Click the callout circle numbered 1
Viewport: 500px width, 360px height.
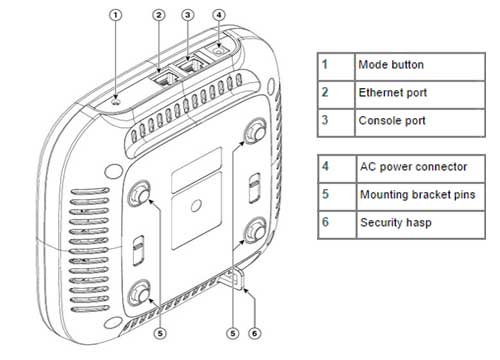pyautogui.click(x=116, y=15)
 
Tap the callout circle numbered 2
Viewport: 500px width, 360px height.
pyautogui.click(x=159, y=15)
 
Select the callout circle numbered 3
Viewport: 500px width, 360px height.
pyautogui.click(x=188, y=15)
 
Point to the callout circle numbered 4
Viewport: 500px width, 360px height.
pyautogui.click(x=219, y=15)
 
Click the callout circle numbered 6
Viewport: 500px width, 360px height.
pyautogui.click(x=255, y=333)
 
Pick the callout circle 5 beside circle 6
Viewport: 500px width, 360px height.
pyautogui.click(x=233, y=333)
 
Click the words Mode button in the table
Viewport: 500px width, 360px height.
pyautogui.click(x=391, y=65)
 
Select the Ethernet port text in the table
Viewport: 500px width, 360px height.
pyautogui.click(x=393, y=93)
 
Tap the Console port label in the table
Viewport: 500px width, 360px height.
pyautogui.click(x=392, y=120)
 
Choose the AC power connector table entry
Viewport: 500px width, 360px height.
pyautogui.click(x=413, y=167)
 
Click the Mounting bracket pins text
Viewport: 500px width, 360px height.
pyautogui.click(x=418, y=195)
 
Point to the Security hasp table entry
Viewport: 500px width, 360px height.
pyautogui.click(x=396, y=222)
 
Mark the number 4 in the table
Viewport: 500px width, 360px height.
pyautogui.click(x=325, y=166)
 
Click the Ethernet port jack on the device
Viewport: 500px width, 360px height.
pyautogui.click(x=162, y=80)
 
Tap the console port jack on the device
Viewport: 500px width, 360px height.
pyautogui.click(x=191, y=65)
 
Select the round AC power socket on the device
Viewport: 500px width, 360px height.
pyautogui.click(x=218, y=52)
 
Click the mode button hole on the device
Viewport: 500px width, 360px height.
pyautogui.click(x=116, y=101)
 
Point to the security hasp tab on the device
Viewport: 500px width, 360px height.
pyautogui.click(x=236, y=277)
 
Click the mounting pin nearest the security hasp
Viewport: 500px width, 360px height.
pyautogui.click(x=256, y=230)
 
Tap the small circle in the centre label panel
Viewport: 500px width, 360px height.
pyautogui.click(x=196, y=205)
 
